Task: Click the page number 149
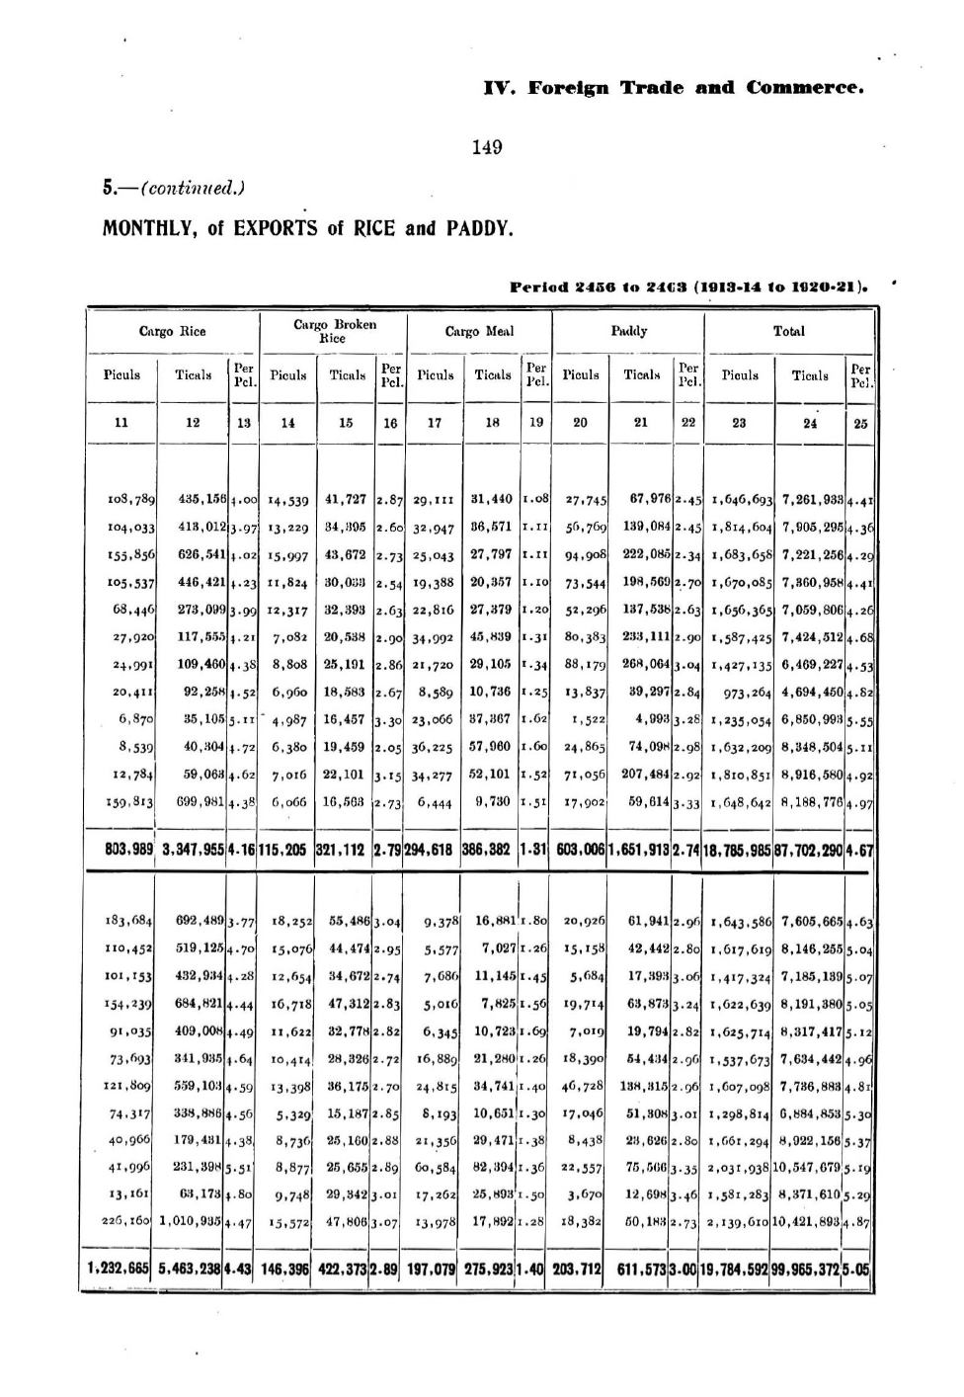pyautogui.click(x=487, y=148)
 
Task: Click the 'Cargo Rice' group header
pyautogui.click(x=172, y=332)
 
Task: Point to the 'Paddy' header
pyautogui.click(x=628, y=332)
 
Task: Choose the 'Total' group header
pyautogui.click(x=788, y=332)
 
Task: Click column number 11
pyautogui.click(x=120, y=423)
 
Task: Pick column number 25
pyautogui.click(x=860, y=423)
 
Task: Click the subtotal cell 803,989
pyautogui.click(x=120, y=850)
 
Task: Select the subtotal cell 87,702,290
pyautogui.click(x=811, y=850)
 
